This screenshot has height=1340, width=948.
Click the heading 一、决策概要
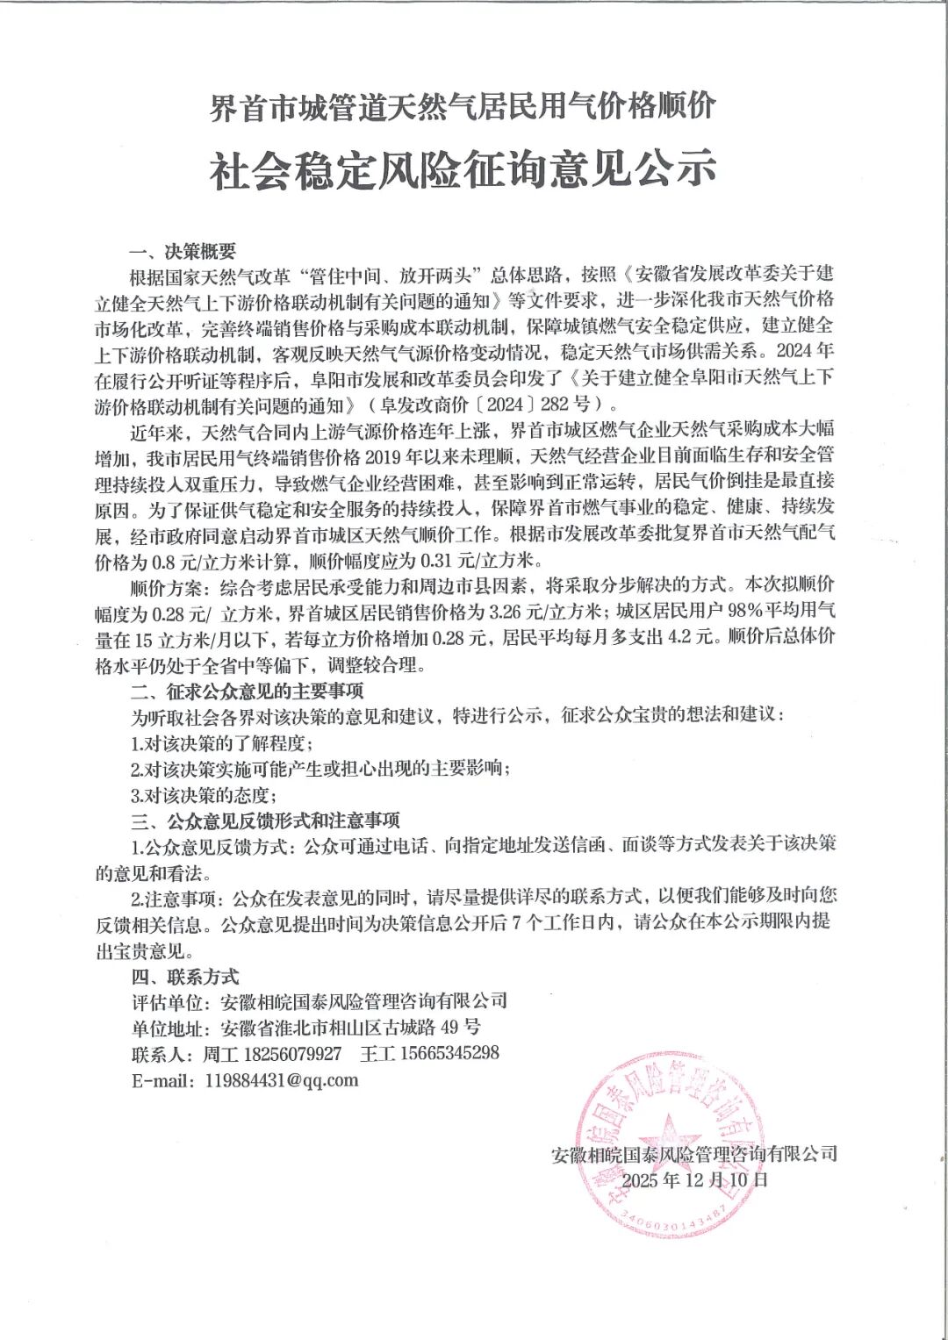(183, 253)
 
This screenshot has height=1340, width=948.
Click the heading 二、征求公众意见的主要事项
(247, 691)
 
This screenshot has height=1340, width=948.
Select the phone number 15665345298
(449, 1053)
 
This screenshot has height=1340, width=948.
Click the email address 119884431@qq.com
(281, 1080)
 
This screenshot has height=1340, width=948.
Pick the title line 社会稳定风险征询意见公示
(463, 169)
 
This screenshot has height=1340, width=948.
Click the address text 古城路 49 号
(425, 1028)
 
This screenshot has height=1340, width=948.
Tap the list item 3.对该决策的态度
(204, 795)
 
